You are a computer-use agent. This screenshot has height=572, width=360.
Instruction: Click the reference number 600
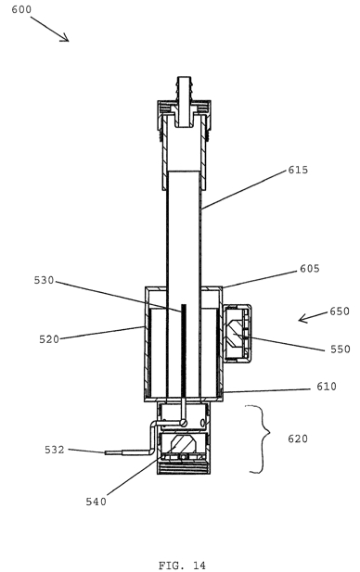21,9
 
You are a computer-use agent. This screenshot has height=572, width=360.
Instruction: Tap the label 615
298,170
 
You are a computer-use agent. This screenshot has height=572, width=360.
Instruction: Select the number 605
310,269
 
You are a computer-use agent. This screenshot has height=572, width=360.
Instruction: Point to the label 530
44,280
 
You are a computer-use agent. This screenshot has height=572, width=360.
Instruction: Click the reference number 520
49,339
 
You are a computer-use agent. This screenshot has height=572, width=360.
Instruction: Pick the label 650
340,311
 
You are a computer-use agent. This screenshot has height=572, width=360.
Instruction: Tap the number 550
341,350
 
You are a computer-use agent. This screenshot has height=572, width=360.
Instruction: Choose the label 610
327,387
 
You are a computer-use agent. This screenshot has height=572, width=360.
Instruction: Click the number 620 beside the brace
298,439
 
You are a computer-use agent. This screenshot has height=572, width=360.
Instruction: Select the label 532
55,450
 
